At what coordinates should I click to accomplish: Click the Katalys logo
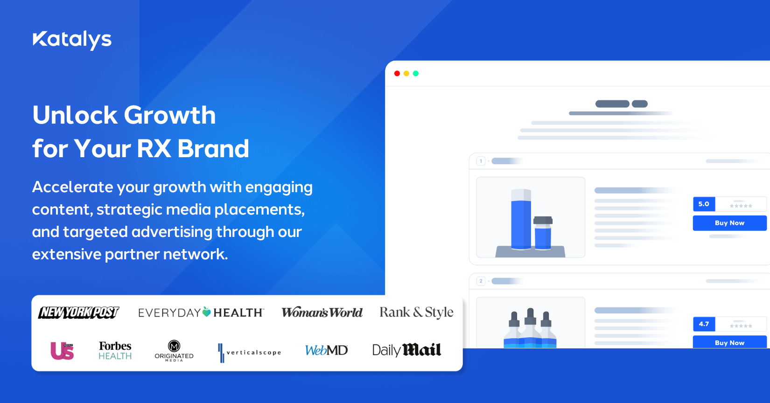(72, 40)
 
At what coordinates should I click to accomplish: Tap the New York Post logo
(78, 313)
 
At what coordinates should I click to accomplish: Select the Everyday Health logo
(201, 313)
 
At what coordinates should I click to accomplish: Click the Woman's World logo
(322, 312)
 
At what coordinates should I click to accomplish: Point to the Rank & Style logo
(416, 313)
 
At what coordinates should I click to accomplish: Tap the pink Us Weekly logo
(62, 351)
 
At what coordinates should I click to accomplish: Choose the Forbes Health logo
(115, 350)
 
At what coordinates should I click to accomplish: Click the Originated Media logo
(174, 350)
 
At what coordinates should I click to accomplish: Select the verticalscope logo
(250, 353)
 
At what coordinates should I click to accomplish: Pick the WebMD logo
(327, 350)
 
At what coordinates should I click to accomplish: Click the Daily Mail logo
(406, 350)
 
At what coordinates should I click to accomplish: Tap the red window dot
(397, 74)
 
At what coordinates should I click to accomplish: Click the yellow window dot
(406, 74)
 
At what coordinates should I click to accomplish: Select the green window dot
(416, 74)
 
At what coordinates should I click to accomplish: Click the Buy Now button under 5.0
(729, 223)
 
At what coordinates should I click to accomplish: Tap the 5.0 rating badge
(704, 204)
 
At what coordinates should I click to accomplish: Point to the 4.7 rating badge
(704, 324)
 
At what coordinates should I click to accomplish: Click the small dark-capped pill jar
(543, 233)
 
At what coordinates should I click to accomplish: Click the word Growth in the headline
(170, 115)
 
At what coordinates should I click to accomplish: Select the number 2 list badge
(481, 281)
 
